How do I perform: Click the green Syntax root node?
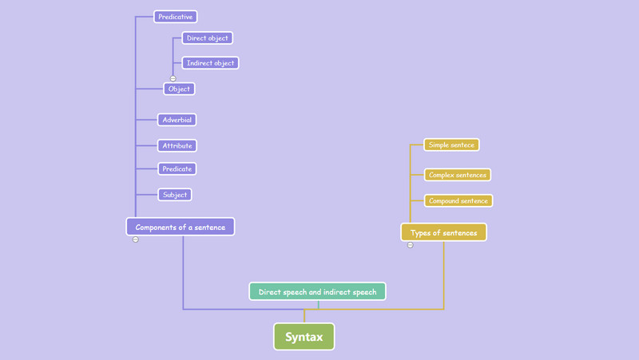(304, 337)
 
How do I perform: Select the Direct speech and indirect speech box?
(317, 292)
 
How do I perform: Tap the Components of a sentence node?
(181, 227)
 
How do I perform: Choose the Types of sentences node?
(443, 233)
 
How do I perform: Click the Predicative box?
(175, 17)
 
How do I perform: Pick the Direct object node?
(207, 38)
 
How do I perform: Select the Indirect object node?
(210, 63)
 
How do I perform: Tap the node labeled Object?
(179, 89)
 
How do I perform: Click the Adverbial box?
(177, 120)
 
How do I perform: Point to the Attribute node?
(177, 146)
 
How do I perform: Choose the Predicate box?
(177, 169)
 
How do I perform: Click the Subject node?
(174, 195)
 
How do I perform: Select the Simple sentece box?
(452, 145)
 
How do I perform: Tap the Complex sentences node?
(457, 175)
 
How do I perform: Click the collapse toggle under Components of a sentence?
(136, 239)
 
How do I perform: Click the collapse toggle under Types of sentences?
(411, 245)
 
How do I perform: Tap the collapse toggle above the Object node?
(173, 78)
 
